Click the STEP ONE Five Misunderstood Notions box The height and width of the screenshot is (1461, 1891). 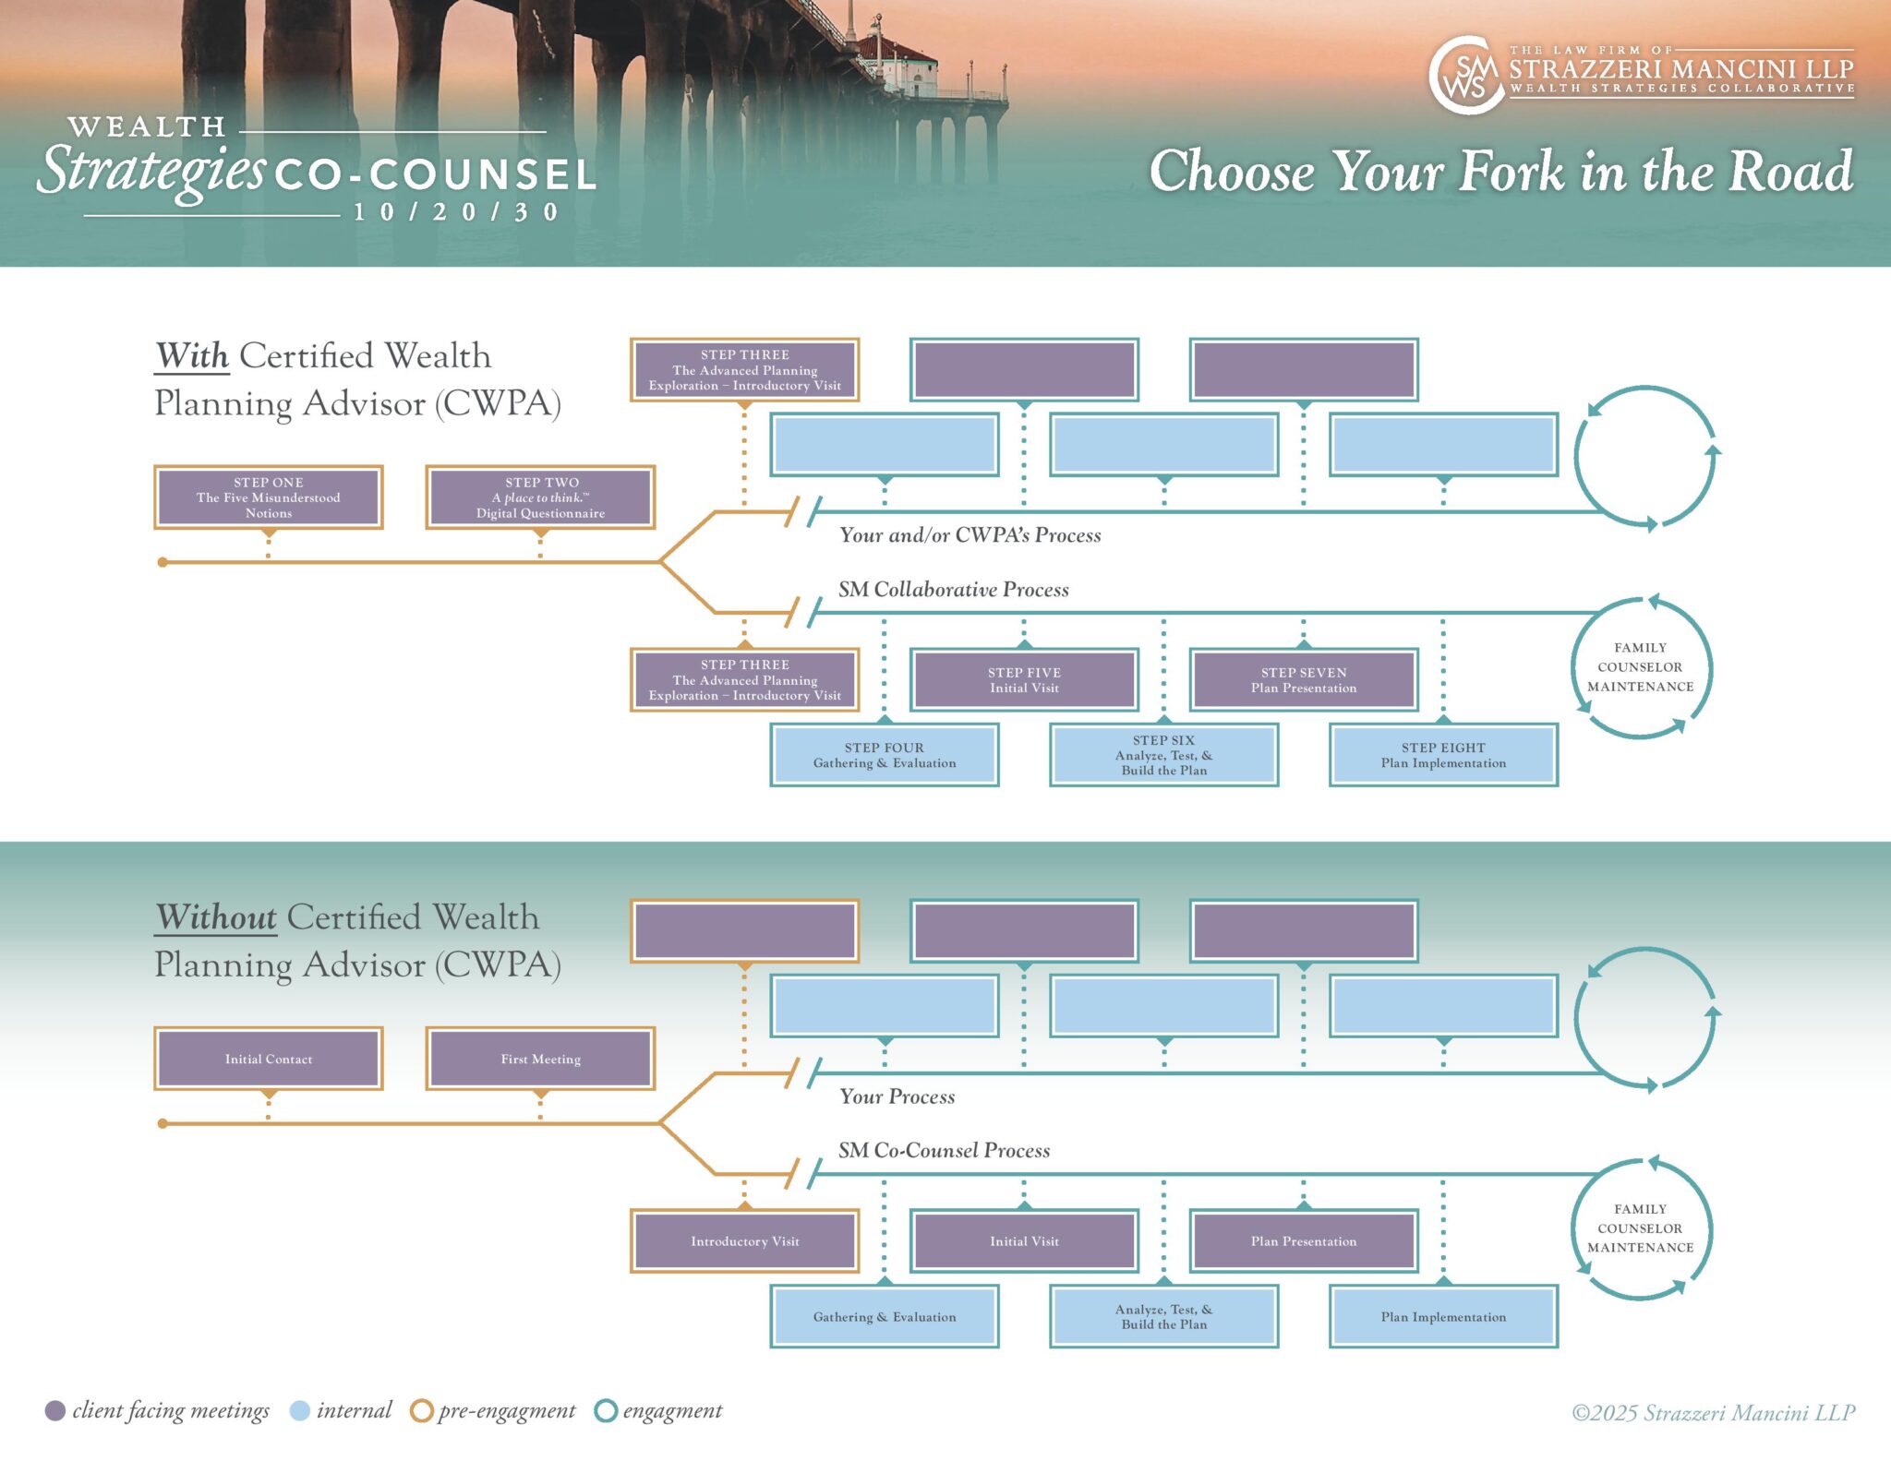click(x=268, y=497)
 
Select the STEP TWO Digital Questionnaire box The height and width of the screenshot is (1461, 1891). click(x=540, y=497)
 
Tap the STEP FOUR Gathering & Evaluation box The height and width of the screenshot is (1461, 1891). click(x=884, y=755)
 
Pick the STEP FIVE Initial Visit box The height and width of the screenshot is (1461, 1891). click(x=1024, y=680)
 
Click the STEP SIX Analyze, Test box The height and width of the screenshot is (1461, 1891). click(x=1163, y=755)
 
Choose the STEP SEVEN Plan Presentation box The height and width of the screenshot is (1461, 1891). click(x=1303, y=680)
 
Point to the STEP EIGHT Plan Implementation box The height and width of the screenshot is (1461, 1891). click(x=1443, y=755)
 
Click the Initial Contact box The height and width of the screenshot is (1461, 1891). click(x=268, y=1059)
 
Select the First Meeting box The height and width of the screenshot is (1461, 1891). click(x=540, y=1059)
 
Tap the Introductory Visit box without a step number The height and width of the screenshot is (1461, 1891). click(x=744, y=1241)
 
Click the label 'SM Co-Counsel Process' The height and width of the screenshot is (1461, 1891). click(x=944, y=1150)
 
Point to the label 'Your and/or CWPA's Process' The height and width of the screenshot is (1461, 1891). click(x=970, y=535)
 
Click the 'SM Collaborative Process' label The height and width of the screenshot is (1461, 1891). click(x=953, y=589)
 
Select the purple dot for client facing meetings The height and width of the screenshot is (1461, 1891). click(x=55, y=1410)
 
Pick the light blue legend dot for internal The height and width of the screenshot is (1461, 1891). click(x=299, y=1410)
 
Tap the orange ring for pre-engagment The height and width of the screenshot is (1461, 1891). click(x=421, y=1410)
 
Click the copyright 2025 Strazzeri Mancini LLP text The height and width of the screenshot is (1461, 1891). click(x=1713, y=1413)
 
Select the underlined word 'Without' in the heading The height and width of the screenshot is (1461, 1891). click(x=216, y=917)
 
